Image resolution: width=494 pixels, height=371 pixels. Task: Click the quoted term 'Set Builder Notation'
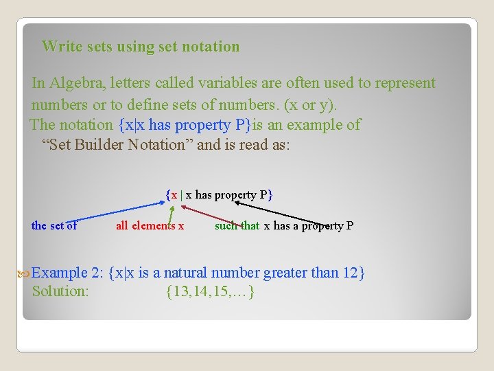click(117, 144)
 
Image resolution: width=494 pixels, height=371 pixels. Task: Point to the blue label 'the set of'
click(54, 225)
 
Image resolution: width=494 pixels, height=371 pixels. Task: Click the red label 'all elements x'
click(150, 225)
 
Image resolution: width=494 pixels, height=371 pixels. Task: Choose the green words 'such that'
click(237, 225)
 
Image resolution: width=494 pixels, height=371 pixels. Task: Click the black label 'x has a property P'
click(309, 225)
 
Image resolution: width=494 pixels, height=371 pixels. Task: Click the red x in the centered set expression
click(174, 195)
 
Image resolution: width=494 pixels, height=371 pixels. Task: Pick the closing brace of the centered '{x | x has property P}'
click(271, 195)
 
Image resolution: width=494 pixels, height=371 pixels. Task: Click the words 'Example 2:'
click(67, 273)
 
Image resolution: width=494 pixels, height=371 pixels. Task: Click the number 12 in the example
click(350, 273)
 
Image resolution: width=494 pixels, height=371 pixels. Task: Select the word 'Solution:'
click(60, 291)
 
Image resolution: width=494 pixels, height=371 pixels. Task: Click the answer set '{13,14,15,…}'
click(211, 291)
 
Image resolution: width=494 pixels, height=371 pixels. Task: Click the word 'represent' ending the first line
click(405, 83)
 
